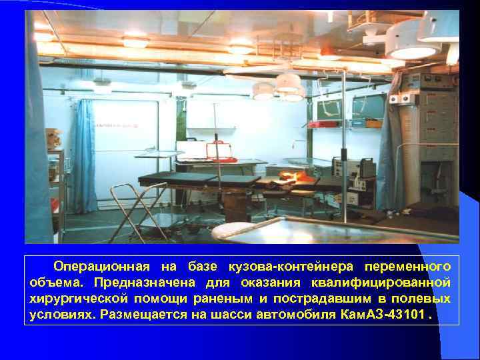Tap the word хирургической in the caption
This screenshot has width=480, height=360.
(74, 299)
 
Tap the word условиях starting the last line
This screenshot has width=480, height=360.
(61, 315)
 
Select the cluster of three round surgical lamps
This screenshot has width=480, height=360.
(280, 87)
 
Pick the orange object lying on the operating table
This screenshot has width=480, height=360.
(293, 177)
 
